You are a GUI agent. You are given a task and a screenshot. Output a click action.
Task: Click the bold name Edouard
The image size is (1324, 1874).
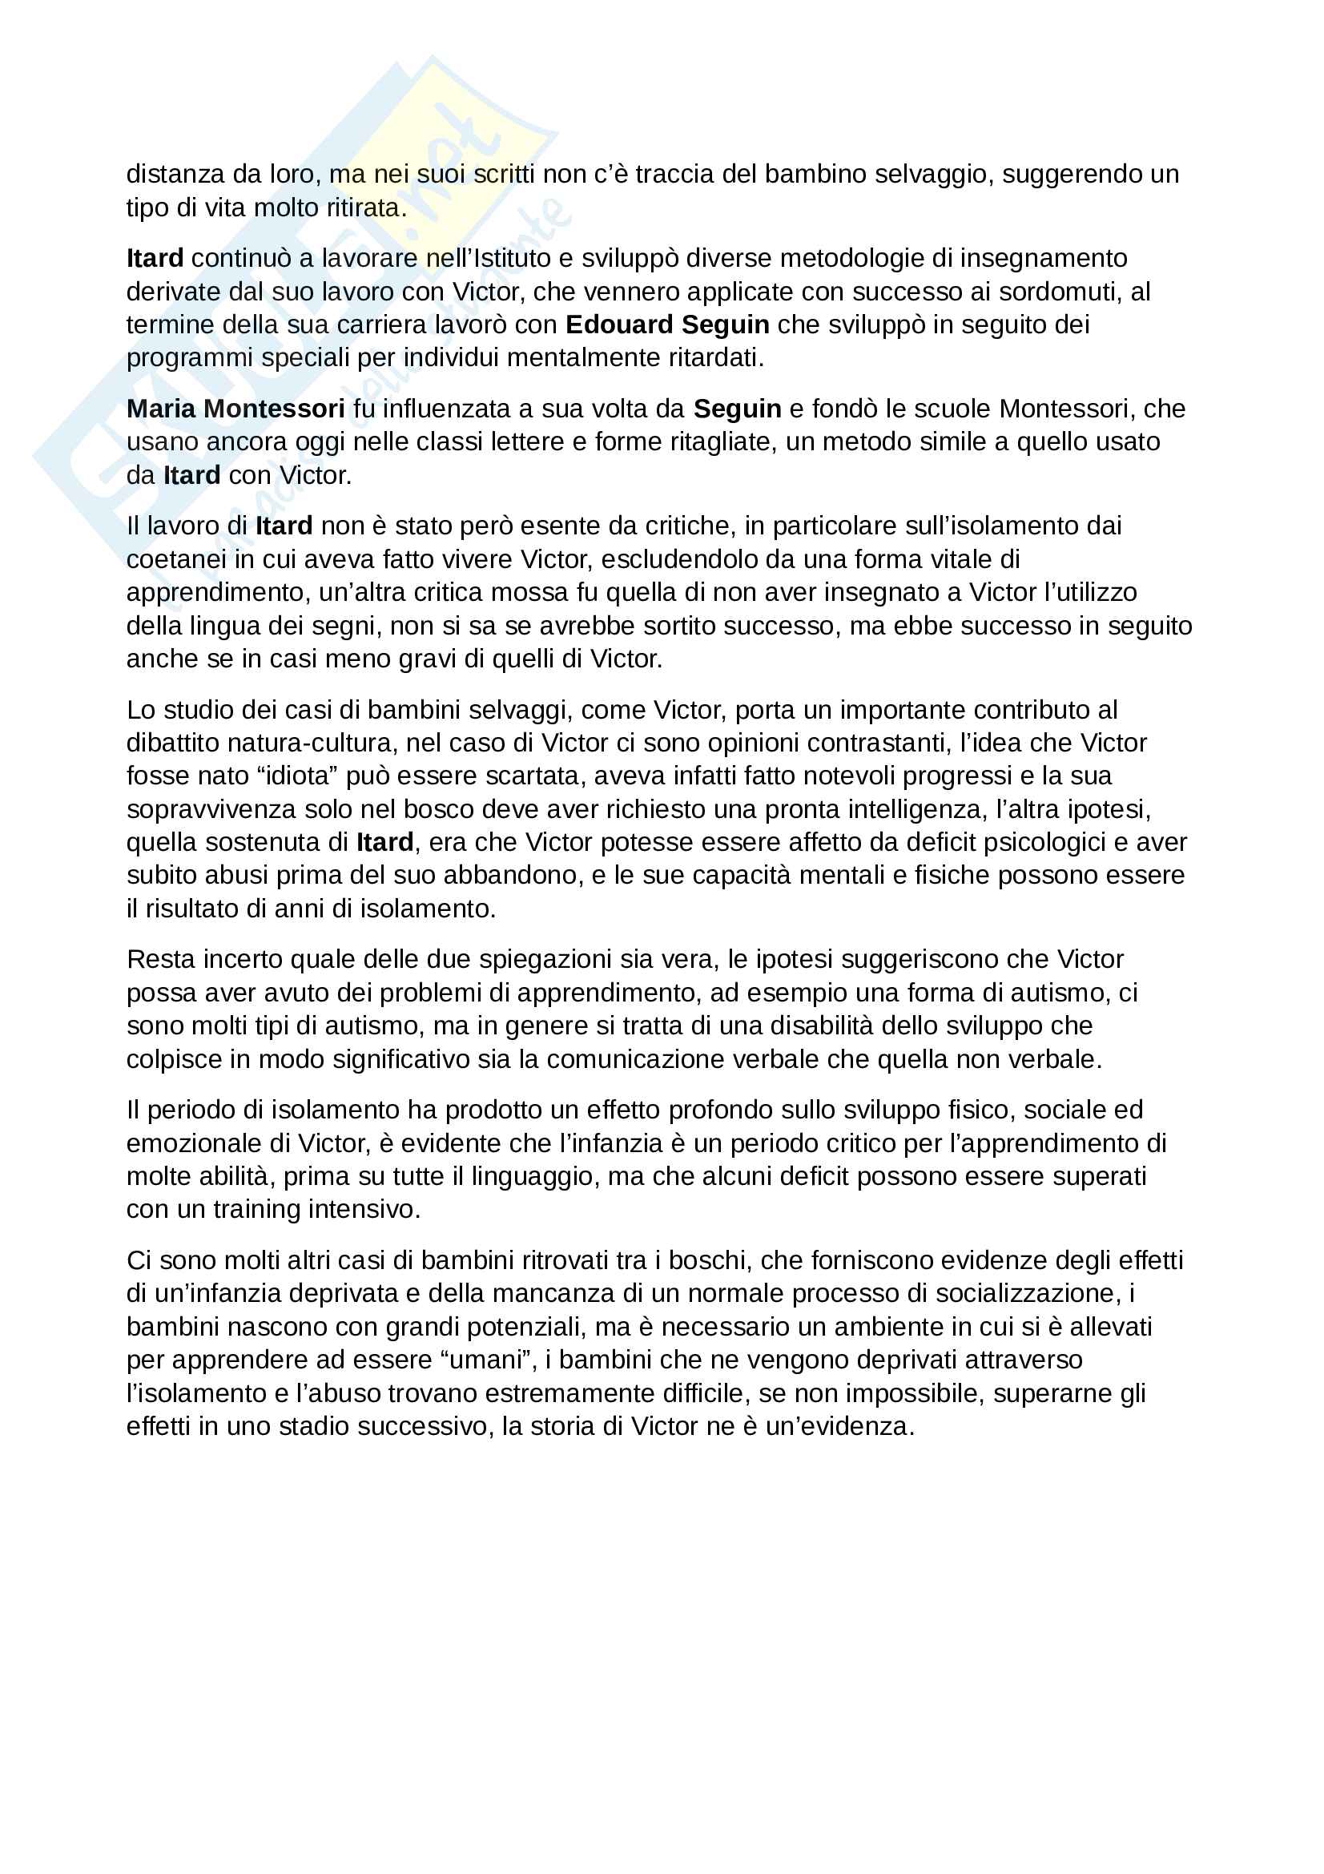(x=619, y=324)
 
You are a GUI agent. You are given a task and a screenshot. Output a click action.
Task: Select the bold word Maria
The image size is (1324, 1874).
(x=161, y=409)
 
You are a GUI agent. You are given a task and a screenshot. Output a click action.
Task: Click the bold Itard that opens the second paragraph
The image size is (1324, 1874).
(x=155, y=258)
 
